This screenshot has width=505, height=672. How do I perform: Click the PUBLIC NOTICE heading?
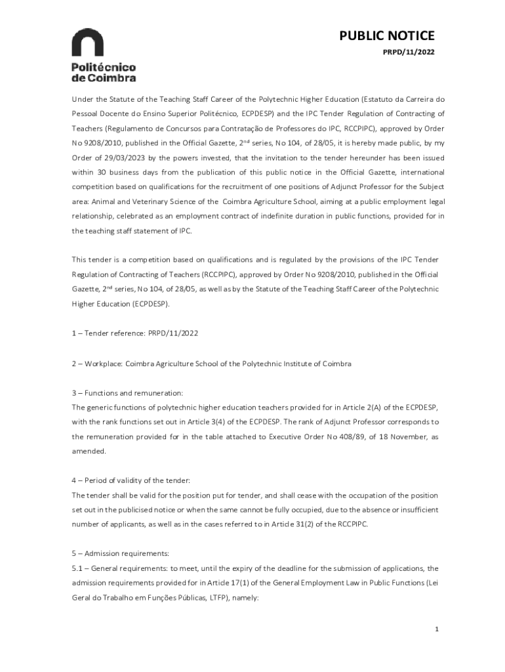pos(386,37)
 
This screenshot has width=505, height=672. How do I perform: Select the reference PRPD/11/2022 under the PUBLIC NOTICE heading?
pos(408,52)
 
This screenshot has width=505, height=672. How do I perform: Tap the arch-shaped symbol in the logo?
pos(87,43)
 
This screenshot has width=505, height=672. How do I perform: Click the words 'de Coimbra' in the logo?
pos(104,77)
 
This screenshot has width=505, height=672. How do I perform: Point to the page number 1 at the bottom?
pos(435,630)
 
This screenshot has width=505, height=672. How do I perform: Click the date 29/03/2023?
pos(114,157)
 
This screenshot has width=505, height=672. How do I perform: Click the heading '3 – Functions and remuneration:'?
pos(127,393)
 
